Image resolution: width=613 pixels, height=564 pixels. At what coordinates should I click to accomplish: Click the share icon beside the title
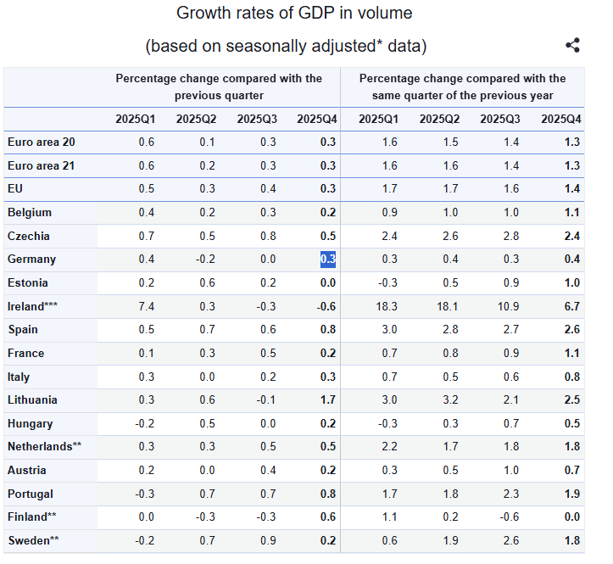pos(572,46)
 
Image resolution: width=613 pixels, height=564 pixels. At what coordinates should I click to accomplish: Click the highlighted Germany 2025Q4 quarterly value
pos(328,259)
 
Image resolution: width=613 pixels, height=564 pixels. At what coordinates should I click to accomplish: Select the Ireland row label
pos(33,306)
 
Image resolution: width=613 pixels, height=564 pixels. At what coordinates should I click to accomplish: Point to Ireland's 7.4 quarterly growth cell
pos(146,306)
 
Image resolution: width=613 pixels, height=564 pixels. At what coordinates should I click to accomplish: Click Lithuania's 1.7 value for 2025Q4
pos(328,399)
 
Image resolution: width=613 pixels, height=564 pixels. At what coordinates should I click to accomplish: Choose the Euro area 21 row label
pos(41,165)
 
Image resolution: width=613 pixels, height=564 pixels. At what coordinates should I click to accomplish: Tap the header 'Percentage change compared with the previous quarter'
pos(219,87)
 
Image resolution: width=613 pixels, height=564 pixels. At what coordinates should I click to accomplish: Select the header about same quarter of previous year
pos(462,87)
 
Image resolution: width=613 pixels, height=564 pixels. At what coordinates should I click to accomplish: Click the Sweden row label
pos(33,540)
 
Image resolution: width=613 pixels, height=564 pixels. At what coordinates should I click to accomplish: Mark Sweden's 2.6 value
pos(510,540)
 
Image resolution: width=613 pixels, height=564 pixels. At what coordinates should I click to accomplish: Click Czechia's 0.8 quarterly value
pos(267,236)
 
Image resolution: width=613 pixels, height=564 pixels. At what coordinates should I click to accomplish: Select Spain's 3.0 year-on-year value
pos(388,329)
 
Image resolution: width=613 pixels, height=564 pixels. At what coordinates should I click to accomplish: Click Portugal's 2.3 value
pos(510,494)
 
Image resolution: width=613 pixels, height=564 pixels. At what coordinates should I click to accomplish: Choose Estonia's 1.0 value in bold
pos(572,282)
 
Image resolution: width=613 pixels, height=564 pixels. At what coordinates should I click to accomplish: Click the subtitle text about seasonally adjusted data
pos(286,46)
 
